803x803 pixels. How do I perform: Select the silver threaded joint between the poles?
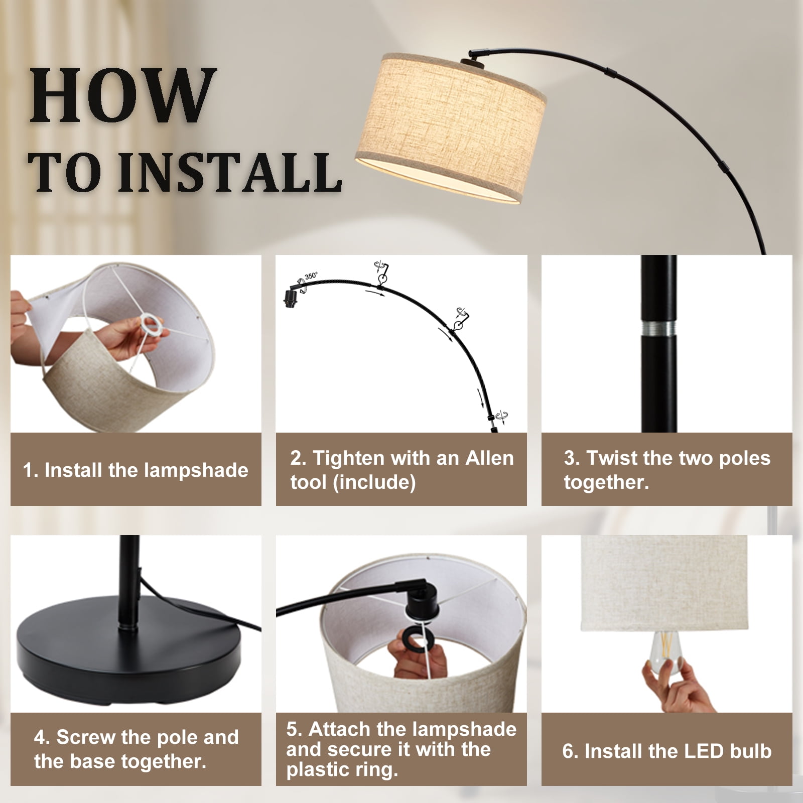click(658, 329)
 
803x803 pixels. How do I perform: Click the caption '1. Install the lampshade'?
click(136, 470)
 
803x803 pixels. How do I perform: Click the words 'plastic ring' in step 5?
click(343, 769)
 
